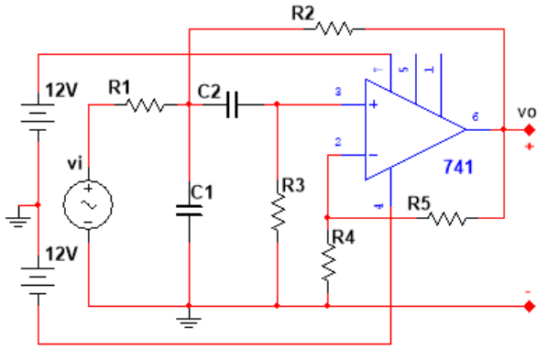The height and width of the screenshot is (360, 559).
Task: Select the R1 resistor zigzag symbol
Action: (x=146, y=105)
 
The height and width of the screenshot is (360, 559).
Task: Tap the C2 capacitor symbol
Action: (x=233, y=105)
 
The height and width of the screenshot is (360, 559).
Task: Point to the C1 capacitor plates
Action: (x=189, y=210)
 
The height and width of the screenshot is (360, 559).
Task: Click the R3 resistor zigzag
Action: (x=277, y=213)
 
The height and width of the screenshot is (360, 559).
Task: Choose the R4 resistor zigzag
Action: (x=327, y=264)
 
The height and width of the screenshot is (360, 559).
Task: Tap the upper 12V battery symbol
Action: (x=38, y=116)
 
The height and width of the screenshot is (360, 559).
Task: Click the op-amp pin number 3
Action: (x=338, y=93)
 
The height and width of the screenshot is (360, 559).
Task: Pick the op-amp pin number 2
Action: (x=338, y=142)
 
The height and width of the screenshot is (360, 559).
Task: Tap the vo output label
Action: (x=525, y=111)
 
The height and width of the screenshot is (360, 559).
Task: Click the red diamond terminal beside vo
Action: (x=529, y=129)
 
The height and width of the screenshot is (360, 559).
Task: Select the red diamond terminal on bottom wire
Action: (x=529, y=306)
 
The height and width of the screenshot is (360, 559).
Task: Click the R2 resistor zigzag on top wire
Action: (x=334, y=29)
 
